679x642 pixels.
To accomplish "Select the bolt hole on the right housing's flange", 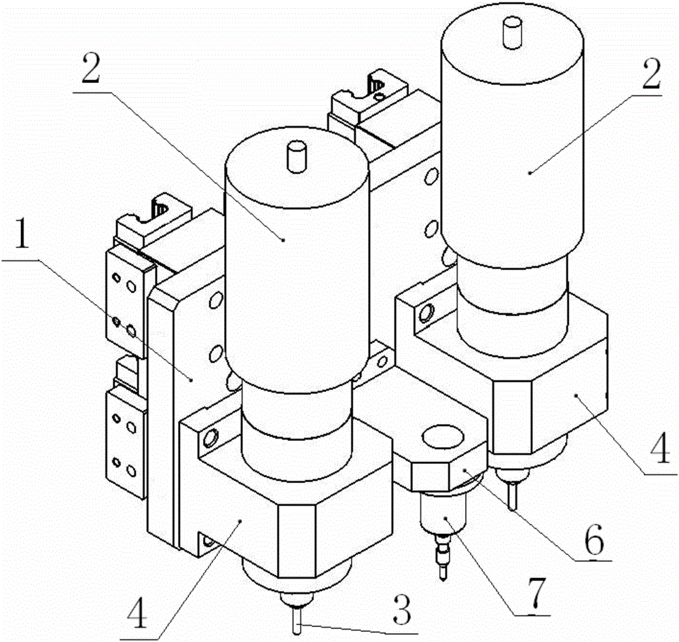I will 426,313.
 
